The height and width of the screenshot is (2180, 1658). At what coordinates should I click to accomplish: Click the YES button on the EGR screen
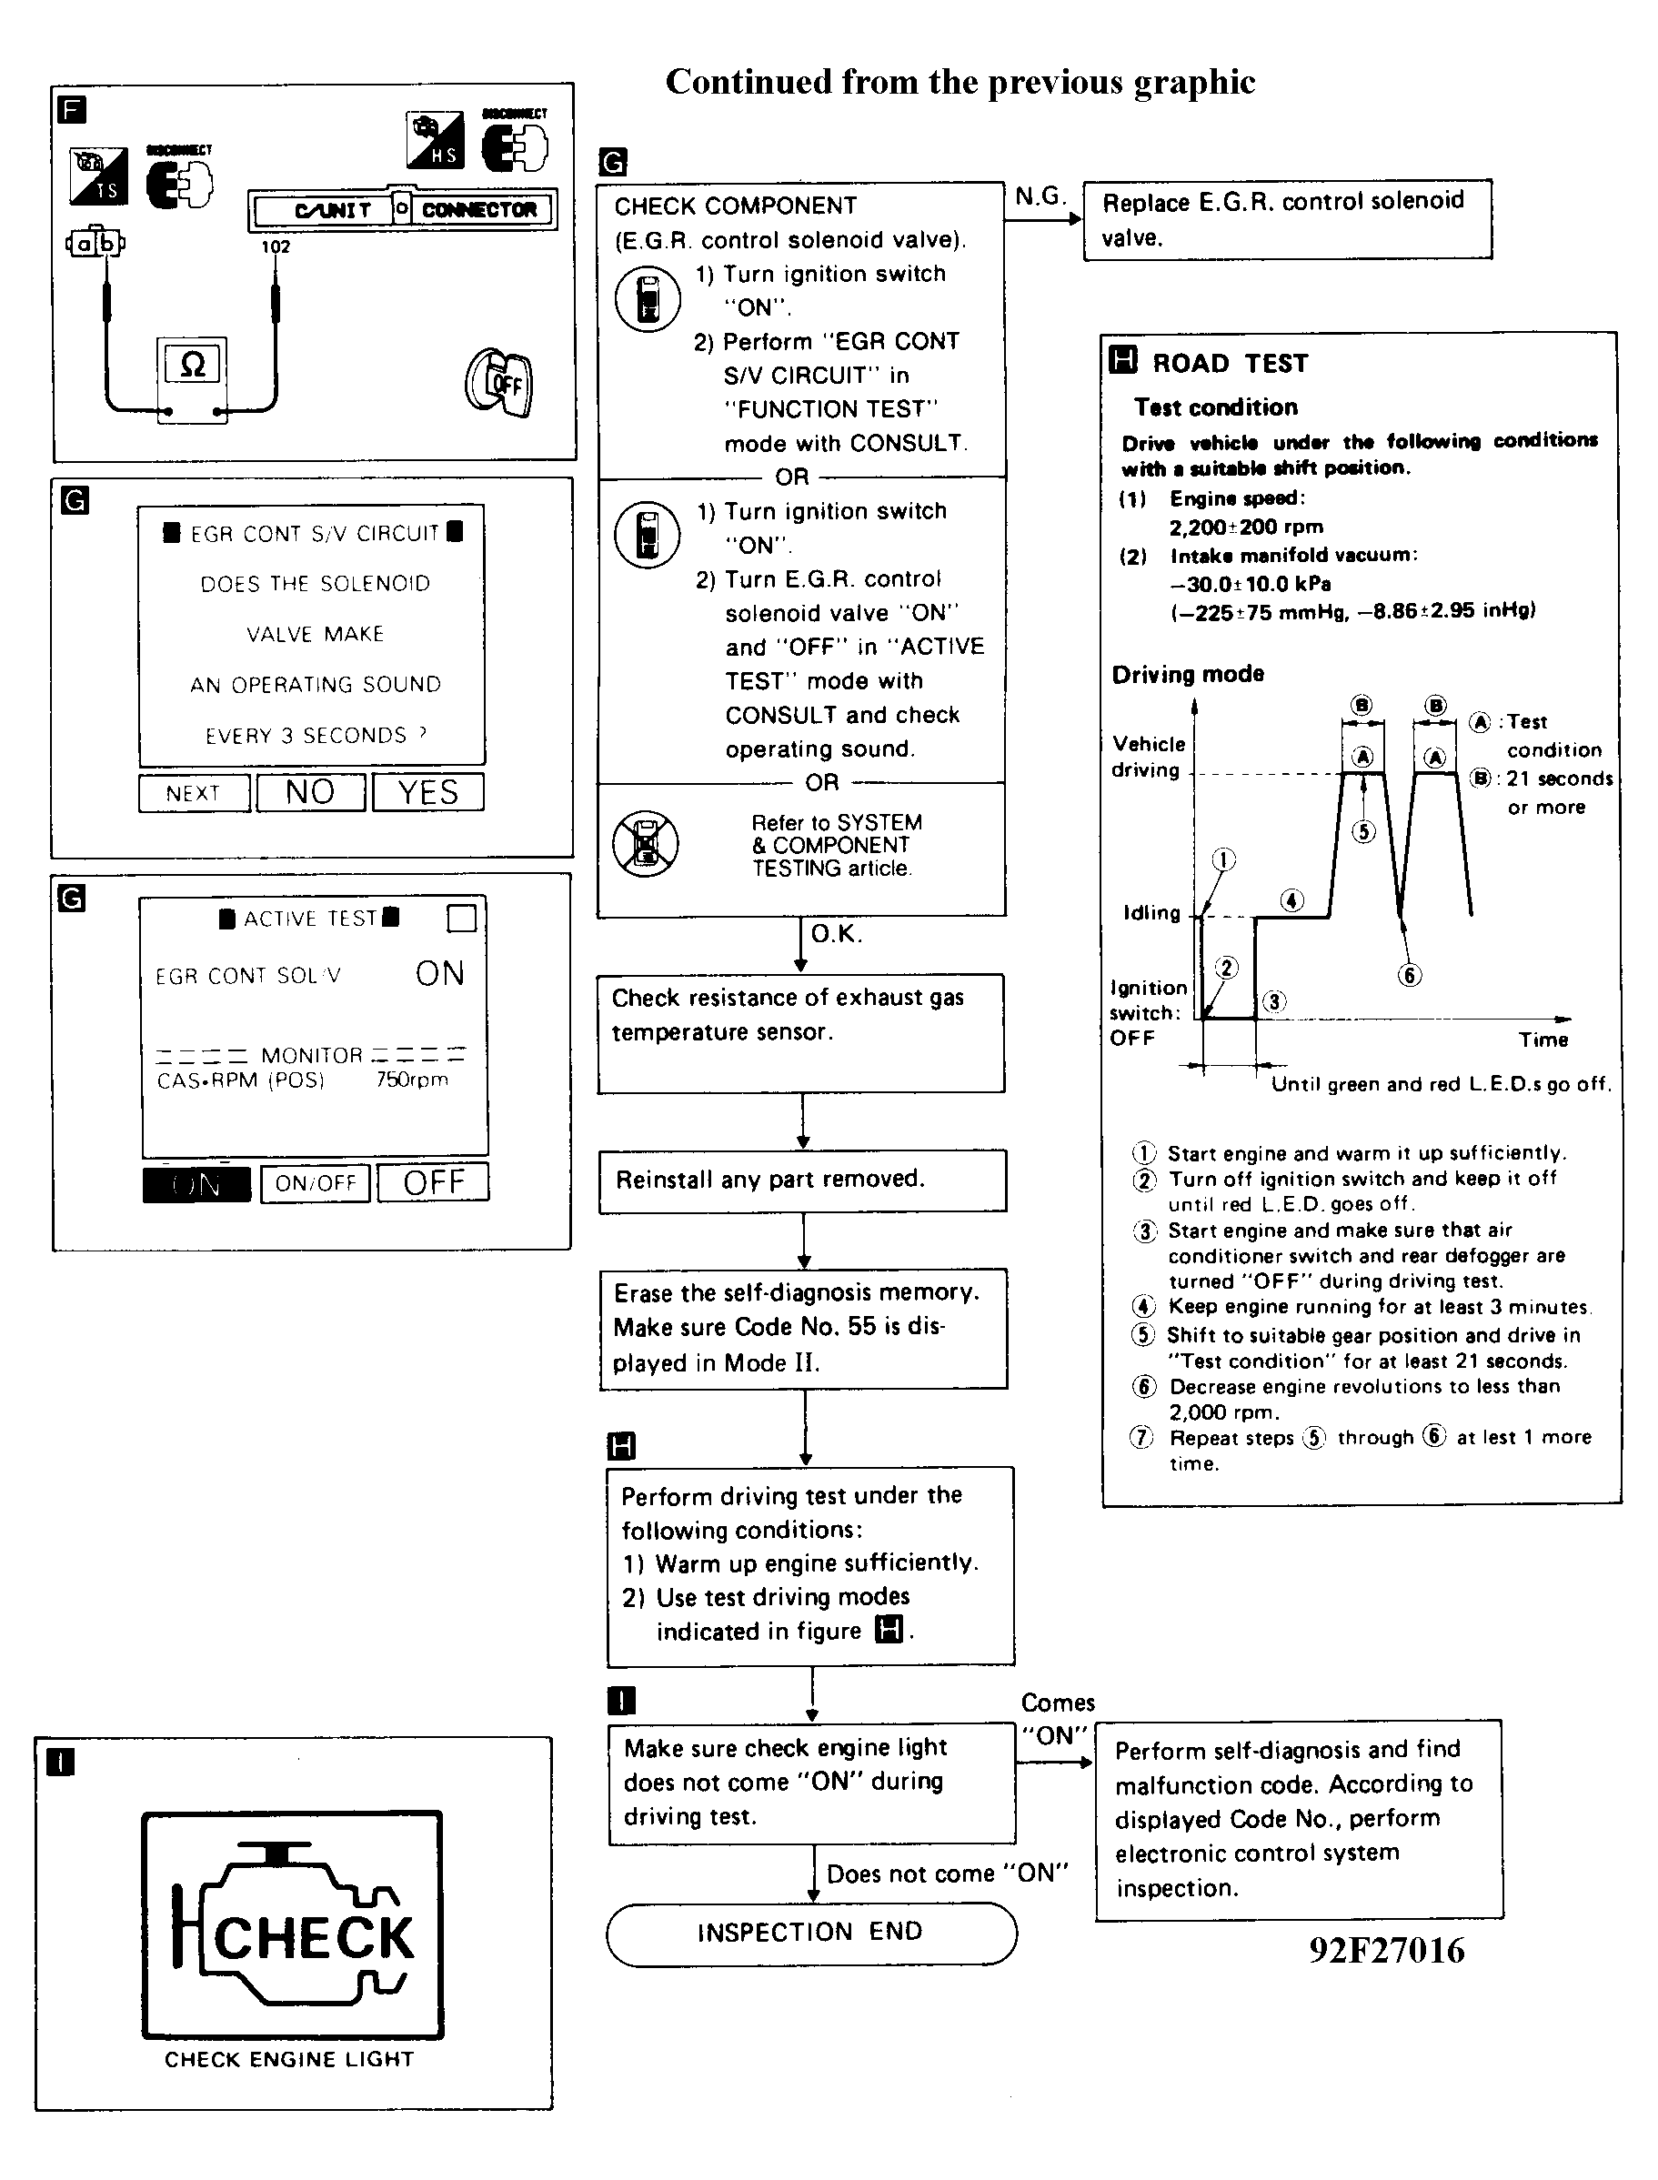[427, 791]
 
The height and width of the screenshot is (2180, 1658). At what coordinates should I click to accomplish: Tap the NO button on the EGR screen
[310, 791]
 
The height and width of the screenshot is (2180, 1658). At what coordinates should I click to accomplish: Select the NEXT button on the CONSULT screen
[194, 792]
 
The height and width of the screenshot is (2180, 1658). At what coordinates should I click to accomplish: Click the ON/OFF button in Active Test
[315, 1182]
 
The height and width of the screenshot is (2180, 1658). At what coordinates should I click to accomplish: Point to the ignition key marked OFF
[500, 383]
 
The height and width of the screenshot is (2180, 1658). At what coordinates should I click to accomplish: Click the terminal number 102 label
[276, 246]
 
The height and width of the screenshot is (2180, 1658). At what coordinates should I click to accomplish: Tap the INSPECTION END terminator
[810, 1932]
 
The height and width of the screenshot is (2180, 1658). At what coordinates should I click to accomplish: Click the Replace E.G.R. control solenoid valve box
[1287, 219]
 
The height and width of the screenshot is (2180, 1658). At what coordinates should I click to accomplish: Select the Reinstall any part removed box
[802, 1180]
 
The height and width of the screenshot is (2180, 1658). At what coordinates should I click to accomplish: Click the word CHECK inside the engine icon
[314, 1937]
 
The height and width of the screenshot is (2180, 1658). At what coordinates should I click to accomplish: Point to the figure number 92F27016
[1387, 1950]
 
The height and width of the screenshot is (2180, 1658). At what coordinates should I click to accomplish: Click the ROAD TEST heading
[1230, 363]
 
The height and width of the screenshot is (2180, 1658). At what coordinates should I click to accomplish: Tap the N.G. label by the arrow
[1040, 196]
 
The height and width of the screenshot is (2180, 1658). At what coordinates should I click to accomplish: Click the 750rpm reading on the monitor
[411, 1080]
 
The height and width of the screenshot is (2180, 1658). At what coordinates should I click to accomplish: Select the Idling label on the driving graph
[1151, 913]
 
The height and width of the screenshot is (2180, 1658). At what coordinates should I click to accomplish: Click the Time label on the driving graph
[1543, 1040]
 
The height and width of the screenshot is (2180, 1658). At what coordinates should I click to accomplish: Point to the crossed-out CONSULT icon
[645, 844]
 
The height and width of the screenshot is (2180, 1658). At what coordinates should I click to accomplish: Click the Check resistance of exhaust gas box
[800, 1032]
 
